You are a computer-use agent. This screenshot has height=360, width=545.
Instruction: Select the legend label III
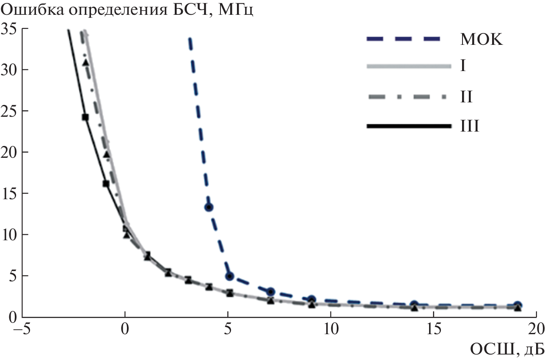coord(469,126)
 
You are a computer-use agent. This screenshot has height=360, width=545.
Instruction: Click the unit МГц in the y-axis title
coord(234,9)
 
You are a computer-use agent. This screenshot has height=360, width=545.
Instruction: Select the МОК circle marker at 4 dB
coord(209,207)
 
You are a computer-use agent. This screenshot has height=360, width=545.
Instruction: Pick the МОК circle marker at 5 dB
coord(229,276)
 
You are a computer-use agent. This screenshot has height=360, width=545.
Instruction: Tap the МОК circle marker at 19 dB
coord(517,305)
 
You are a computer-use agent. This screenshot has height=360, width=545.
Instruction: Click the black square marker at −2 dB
coord(85,117)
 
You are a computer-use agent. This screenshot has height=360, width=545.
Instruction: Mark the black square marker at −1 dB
coord(106,184)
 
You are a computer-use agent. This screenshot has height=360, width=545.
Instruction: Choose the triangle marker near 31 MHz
coord(85,63)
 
